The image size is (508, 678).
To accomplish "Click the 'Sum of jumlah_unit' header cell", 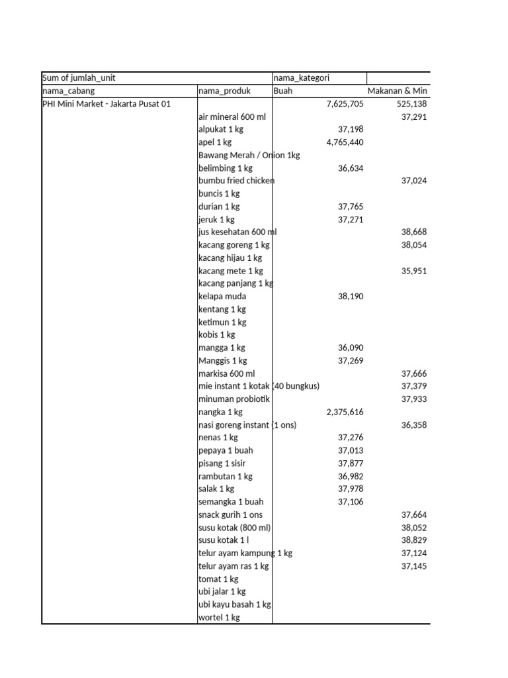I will tap(79, 78).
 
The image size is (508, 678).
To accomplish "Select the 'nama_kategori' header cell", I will tap(301, 78).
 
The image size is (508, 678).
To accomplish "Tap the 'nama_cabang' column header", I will tap(68, 91).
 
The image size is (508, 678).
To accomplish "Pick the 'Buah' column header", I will tap(283, 91).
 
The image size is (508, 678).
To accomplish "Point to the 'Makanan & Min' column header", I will tap(397, 91).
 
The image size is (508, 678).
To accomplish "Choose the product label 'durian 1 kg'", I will tap(219, 207).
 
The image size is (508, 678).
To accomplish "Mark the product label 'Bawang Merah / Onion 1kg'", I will tap(249, 155).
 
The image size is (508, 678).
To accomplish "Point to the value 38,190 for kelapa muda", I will tap(351, 297).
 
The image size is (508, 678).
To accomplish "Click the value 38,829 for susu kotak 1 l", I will tap(414, 540).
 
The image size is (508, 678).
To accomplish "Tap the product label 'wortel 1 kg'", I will tap(219, 618).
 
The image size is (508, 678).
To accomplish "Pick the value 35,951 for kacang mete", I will tap(414, 271).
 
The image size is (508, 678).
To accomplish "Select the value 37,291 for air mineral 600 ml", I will tap(414, 117).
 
